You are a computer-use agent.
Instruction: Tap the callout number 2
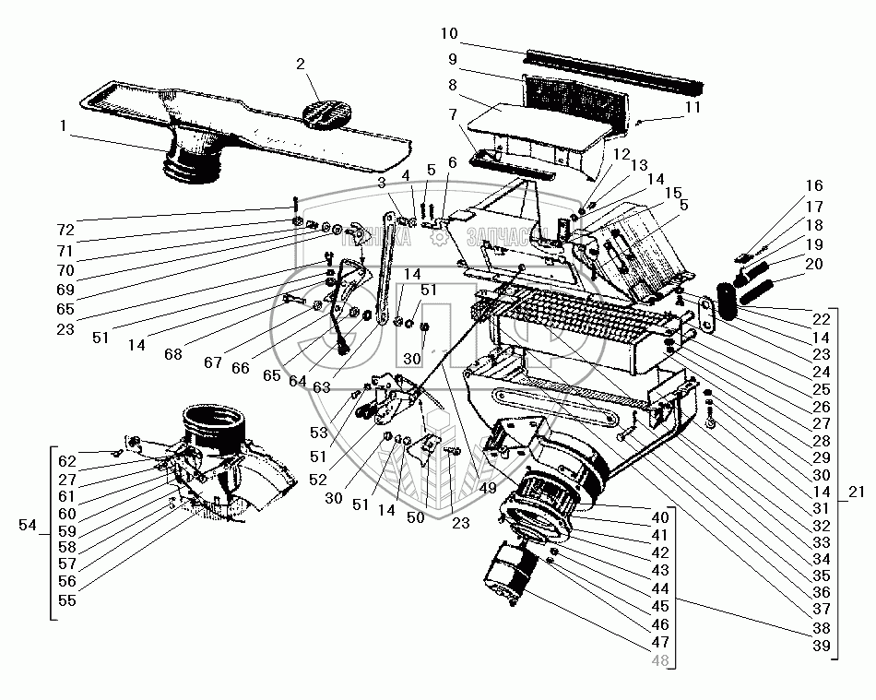tap(300, 65)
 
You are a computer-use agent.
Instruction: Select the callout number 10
tap(448, 34)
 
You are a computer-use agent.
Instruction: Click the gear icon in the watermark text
tap(440, 237)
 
